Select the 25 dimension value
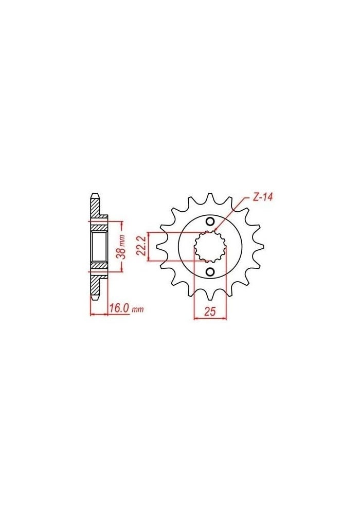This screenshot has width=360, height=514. (209, 311)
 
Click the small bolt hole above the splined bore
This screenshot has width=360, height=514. (210, 222)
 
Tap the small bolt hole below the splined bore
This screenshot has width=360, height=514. (210, 271)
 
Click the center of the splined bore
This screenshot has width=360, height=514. (210, 247)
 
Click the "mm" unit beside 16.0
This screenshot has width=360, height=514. (137, 309)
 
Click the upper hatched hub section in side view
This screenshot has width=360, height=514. (99, 226)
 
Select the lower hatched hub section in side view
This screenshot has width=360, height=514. (99, 267)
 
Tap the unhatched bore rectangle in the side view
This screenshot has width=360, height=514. (99, 247)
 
